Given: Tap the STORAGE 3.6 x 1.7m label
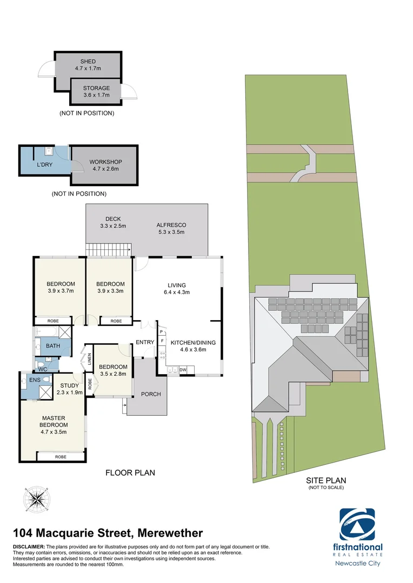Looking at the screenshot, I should (x=96, y=91).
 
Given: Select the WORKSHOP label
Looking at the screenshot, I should (x=105, y=165).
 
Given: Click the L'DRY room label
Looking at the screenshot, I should (x=44, y=165).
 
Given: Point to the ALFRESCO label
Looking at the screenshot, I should (x=171, y=228).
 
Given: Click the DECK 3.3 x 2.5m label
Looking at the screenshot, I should (x=113, y=222).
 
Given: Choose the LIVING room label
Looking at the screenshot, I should (x=177, y=288).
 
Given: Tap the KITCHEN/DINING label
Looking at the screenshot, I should (x=196, y=345).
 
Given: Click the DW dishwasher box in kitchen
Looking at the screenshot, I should (x=183, y=370).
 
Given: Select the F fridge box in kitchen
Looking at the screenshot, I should (x=162, y=341).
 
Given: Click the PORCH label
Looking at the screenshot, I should (x=151, y=394).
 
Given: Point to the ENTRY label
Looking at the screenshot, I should (x=145, y=342).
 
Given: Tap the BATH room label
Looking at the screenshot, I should (x=53, y=346).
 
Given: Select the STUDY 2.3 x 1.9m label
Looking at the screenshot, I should (x=70, y=389).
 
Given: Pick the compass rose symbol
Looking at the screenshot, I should (x=37, y=499).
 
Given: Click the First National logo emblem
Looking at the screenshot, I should (x=357, y=524).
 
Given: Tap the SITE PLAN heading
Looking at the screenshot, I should (x=325, y=480).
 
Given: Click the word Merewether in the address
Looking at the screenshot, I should (x=170, y=533).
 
